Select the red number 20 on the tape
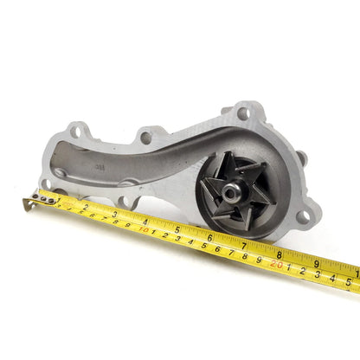[277, 264]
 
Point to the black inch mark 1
[55, 196]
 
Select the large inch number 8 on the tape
[279, 254]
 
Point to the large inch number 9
[316, 264]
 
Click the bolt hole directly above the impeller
[244, 112]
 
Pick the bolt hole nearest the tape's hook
[60, 173]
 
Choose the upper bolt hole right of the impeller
[300, 157]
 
